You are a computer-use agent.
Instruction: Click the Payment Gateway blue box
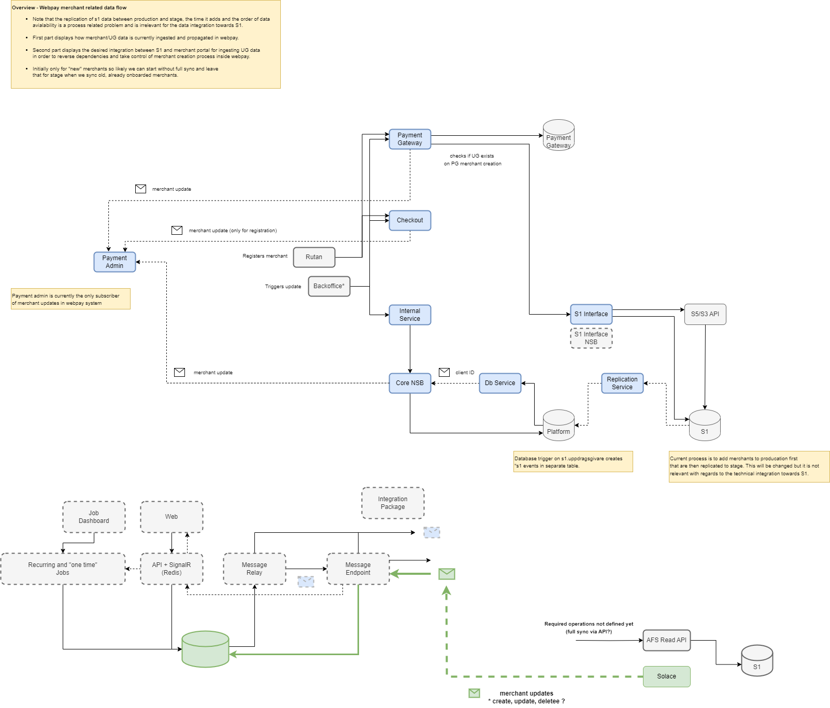(x=410, y=139)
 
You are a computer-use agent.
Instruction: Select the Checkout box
(x=410, y=220)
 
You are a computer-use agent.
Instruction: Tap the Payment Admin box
(x=115, y=262)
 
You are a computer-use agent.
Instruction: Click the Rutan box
(x=314, y=257)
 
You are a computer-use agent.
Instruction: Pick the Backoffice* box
(x=329, y=286)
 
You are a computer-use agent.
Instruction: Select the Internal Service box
(x=410, y=315)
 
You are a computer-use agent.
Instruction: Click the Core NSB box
(x=410, y=383)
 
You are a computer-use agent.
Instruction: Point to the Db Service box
(x=500, y=383)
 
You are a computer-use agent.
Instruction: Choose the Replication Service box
(x=622, y=383)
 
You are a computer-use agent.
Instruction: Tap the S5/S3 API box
(x=705, y=314)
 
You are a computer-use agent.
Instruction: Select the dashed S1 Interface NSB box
(x=591, y=338)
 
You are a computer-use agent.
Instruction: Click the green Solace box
(x=666, y=676)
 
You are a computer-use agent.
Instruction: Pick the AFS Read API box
(x=666, y=640)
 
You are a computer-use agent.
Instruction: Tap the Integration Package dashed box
(x=393, y=503)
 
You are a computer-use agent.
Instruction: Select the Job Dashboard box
(x=94, y=517)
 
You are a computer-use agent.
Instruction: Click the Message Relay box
(x=254, y=569)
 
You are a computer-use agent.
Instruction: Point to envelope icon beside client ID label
(x=444, y=372)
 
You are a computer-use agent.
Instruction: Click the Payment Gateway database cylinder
(x=559, y=135)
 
